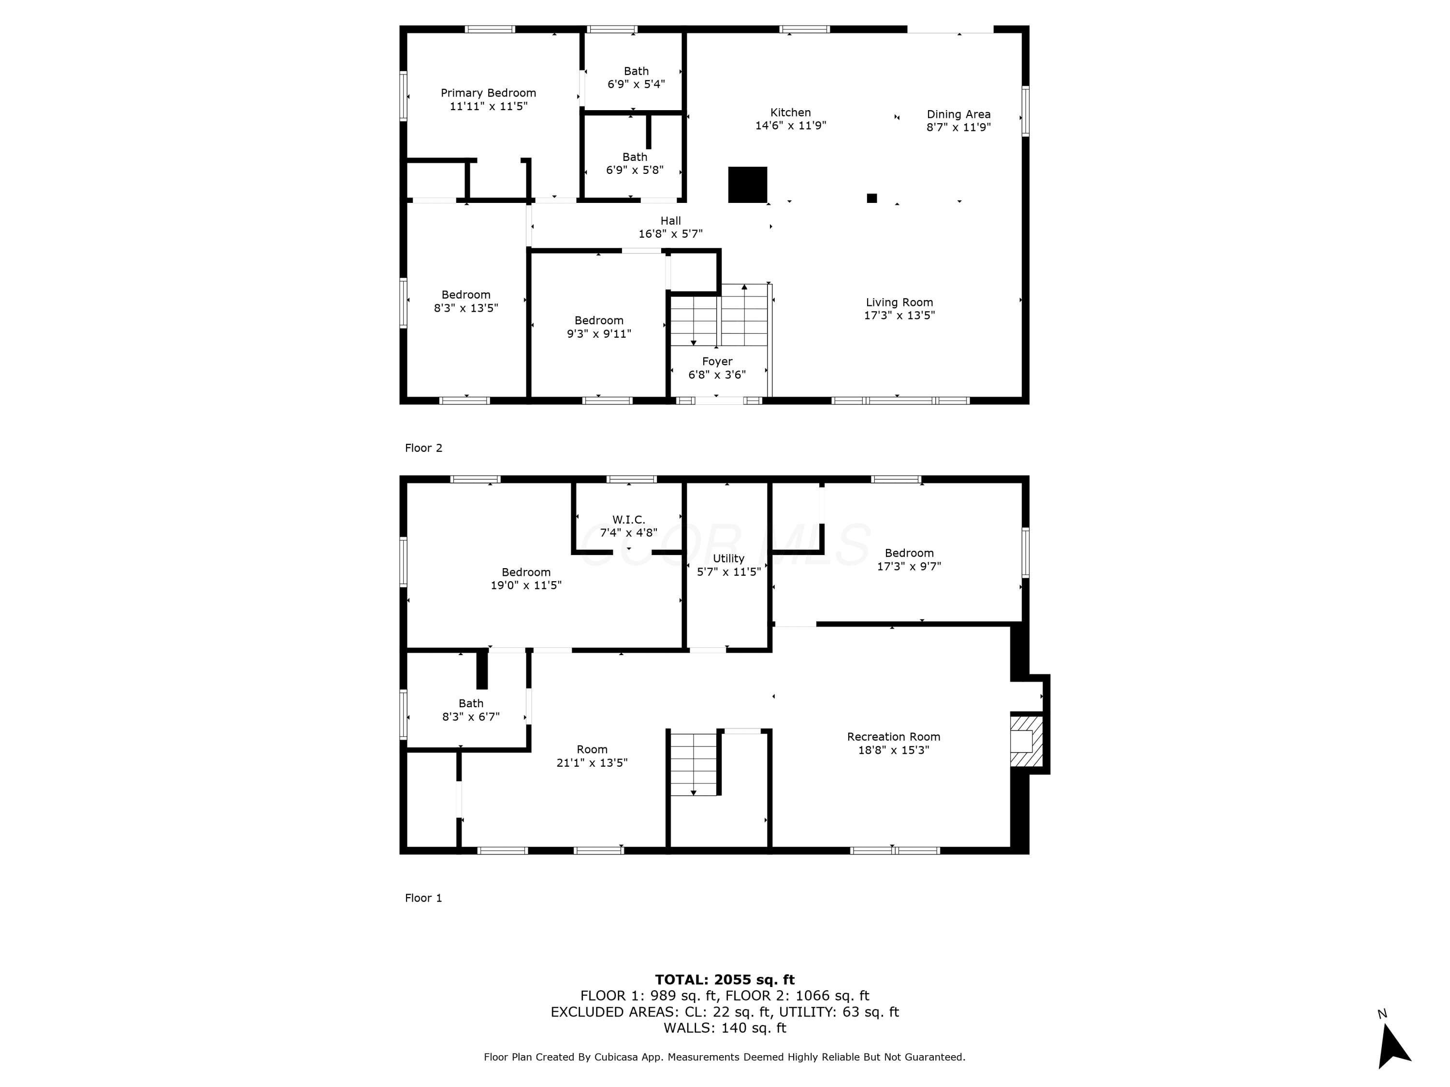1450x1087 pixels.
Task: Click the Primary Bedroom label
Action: tap(488, 93)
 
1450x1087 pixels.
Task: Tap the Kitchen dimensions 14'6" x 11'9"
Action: tap(791, 126)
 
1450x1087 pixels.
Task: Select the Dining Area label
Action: tap(958, 114)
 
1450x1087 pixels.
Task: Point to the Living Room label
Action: tap(899, 302)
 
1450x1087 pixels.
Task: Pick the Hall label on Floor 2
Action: tap(670, 221)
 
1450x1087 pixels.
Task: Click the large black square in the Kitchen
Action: tap(748, 185)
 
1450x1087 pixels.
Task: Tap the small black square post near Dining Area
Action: tap(872, 198)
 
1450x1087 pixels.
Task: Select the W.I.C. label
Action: tap(629, 519)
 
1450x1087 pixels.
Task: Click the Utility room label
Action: tap(729, 558)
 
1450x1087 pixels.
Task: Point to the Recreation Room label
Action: tap(894, 736)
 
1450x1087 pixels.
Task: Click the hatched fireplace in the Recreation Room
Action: tap(1027, 741)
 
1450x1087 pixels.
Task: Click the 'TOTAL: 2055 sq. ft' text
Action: tap(725, 980)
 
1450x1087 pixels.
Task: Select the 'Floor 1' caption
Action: tap(423, 898)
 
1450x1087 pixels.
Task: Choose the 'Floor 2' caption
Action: tap(423, 448)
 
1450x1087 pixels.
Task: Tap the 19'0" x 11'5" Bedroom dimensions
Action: tap(526, 585)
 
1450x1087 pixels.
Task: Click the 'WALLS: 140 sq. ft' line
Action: tap(725, 1028)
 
